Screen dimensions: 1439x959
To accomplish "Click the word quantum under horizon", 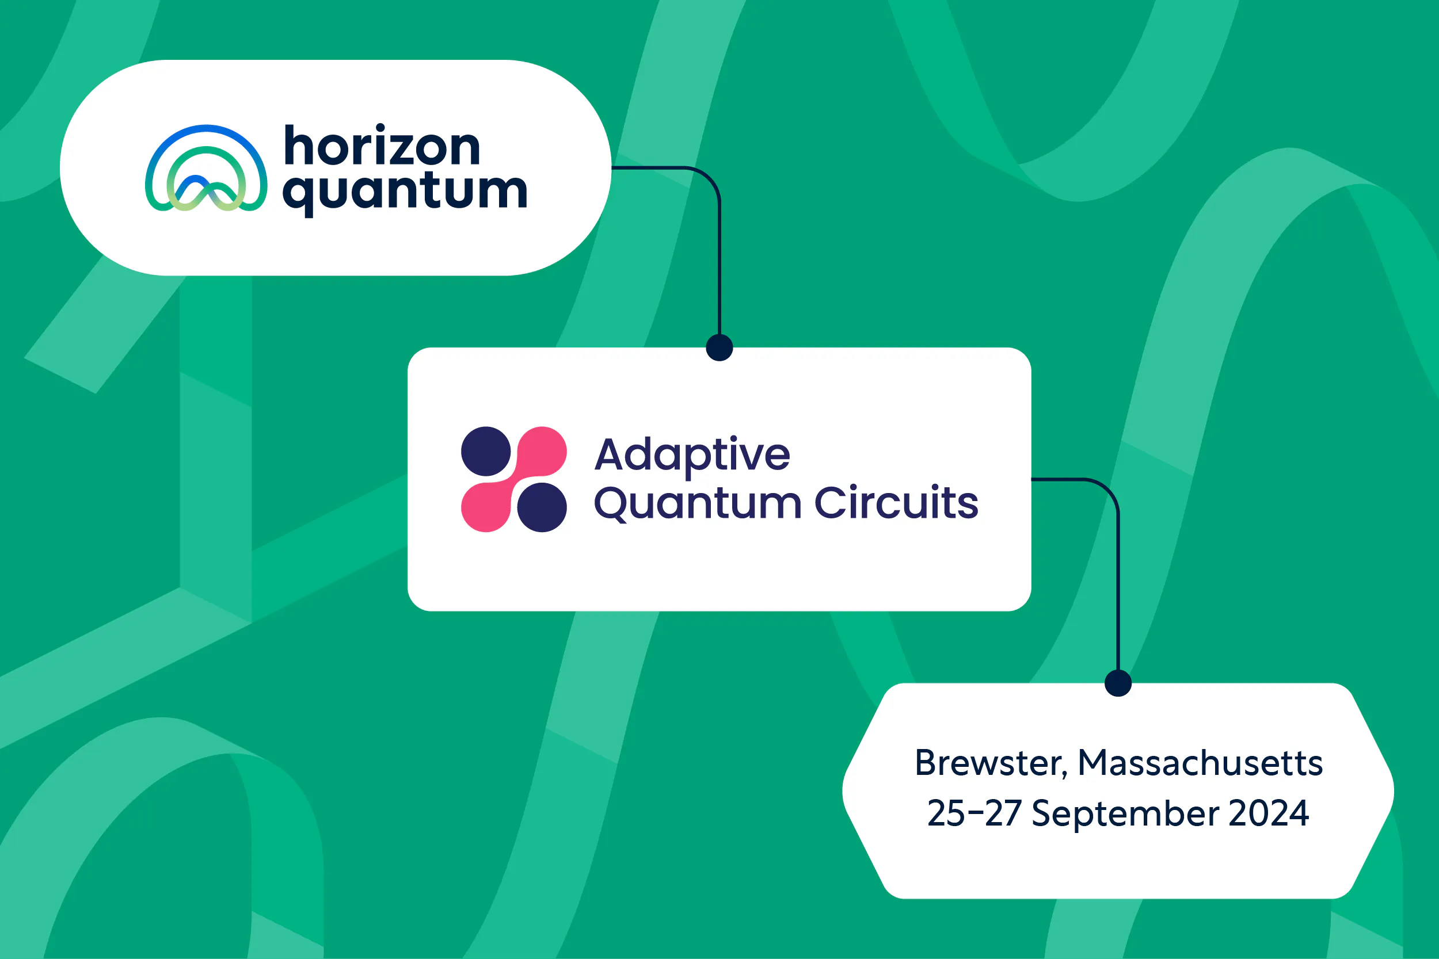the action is point(405,193).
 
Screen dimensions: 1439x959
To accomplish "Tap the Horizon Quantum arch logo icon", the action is point(206,168).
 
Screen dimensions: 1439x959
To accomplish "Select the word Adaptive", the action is point(692,456).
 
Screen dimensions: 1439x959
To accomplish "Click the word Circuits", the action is point(896,503).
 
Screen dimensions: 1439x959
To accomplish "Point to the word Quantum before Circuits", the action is point(698,505).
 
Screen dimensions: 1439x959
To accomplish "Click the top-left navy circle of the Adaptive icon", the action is point(486,452).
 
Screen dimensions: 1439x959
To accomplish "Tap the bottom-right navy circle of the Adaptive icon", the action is point(542,507).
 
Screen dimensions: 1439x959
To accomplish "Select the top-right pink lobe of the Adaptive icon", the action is point(541,452).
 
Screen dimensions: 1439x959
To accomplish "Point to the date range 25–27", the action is point(974,813).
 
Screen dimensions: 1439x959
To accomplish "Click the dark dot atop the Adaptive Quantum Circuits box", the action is point(719,347).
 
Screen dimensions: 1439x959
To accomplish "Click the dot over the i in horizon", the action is point(380,128).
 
